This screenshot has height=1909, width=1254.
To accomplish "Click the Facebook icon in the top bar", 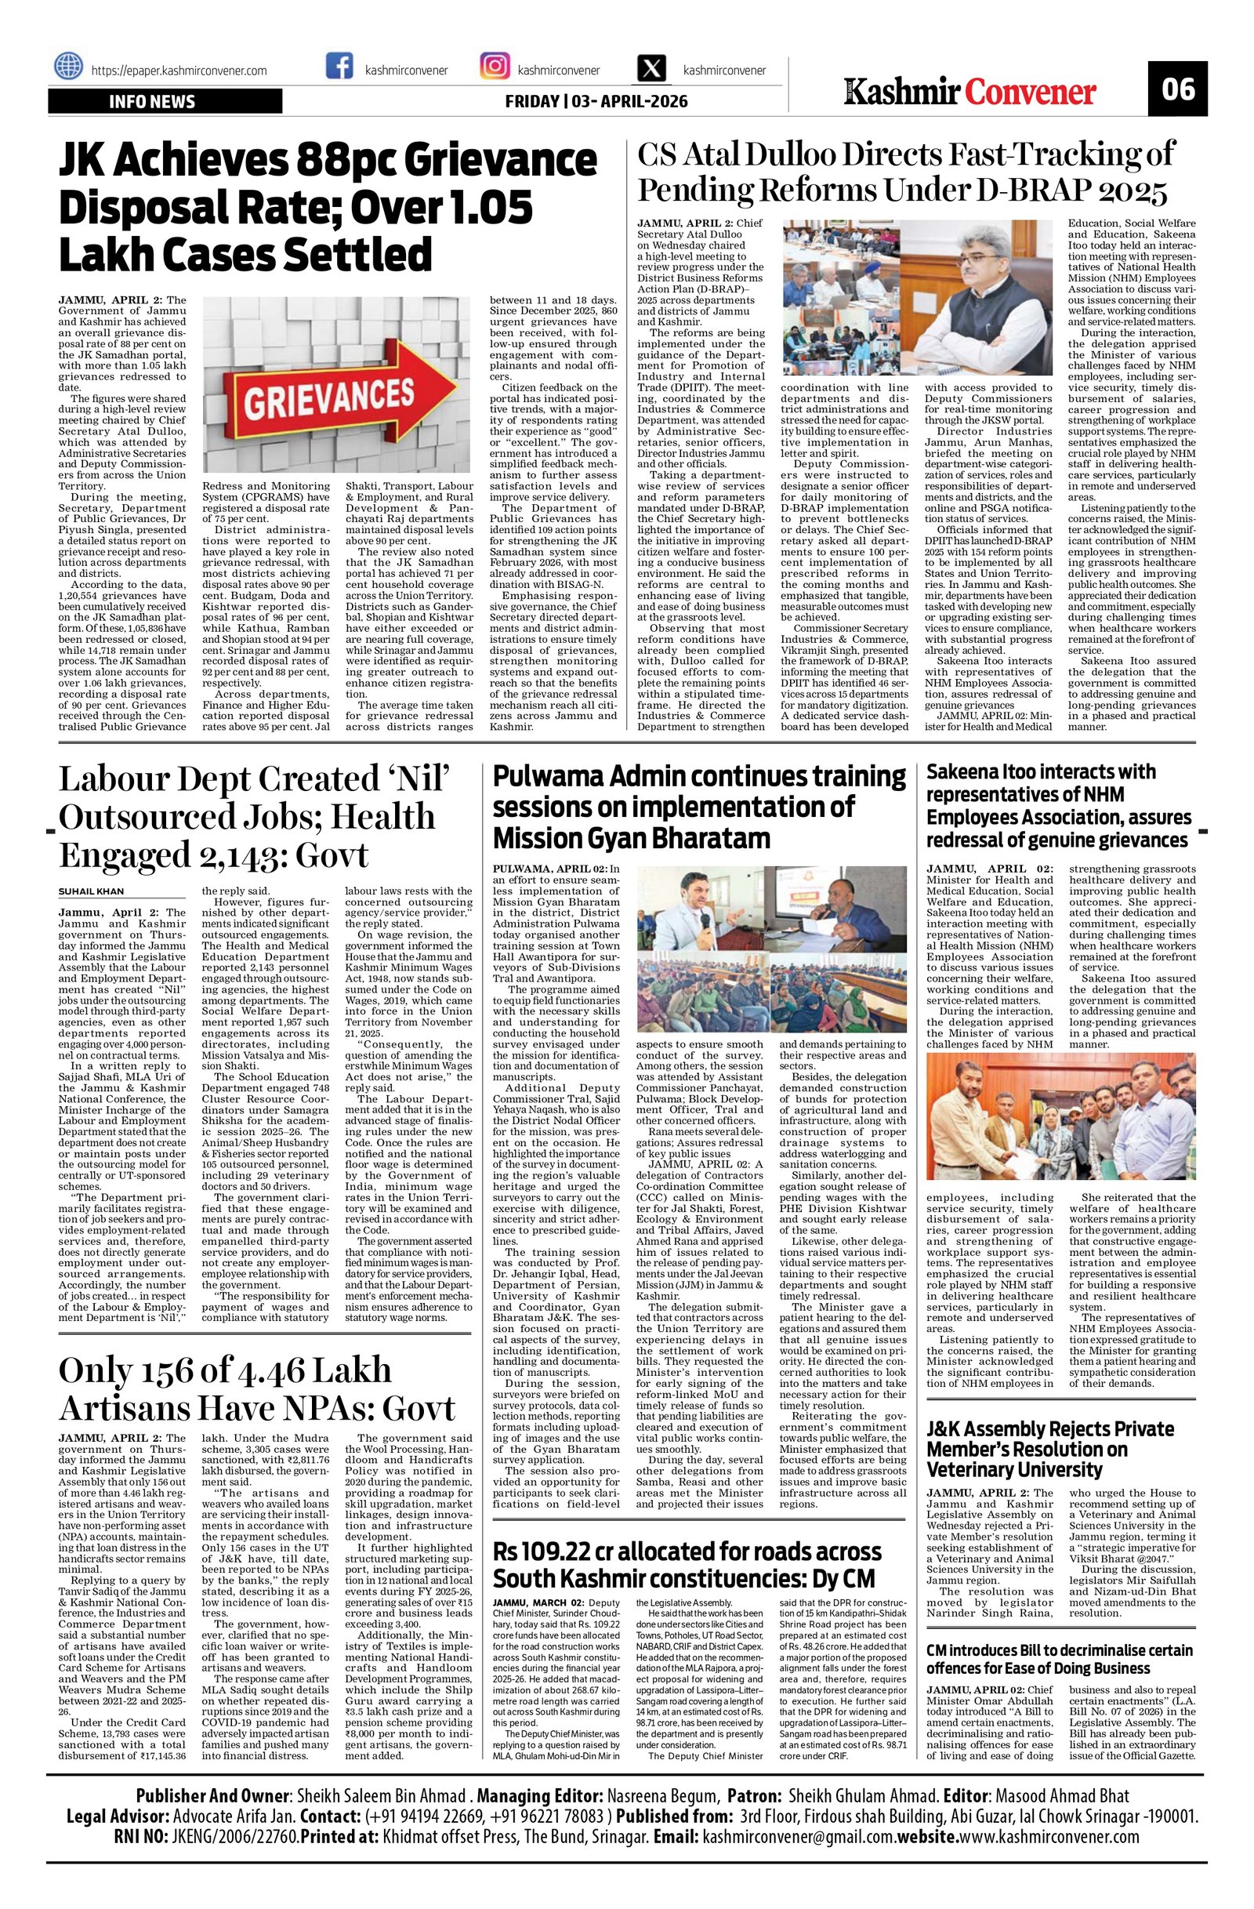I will tap(340, 67).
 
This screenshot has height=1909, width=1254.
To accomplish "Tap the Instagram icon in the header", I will tap(495, 67).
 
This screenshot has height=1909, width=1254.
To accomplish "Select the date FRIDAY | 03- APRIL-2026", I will tap(596, 102).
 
